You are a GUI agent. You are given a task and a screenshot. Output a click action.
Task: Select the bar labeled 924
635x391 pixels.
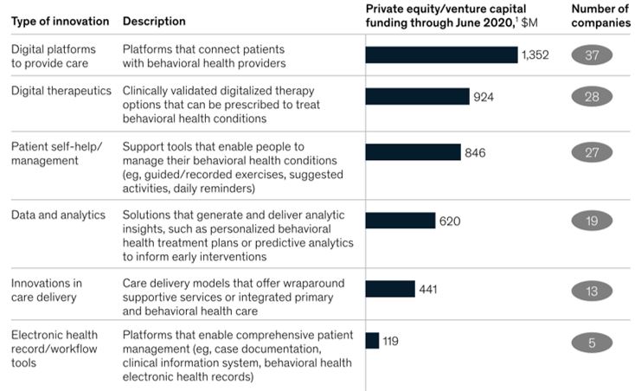[417, 97]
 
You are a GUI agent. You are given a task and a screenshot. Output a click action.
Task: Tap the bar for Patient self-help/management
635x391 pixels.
[413, 153]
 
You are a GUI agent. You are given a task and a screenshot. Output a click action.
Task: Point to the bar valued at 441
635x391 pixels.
[390, 289]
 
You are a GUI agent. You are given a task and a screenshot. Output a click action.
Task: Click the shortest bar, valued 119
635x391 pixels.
[372, 341]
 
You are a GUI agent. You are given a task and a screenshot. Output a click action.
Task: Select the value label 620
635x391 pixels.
[450, 221]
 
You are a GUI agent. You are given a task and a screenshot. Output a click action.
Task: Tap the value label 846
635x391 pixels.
[475, 153]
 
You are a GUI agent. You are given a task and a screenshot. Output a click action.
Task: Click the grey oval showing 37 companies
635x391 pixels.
[592, 55]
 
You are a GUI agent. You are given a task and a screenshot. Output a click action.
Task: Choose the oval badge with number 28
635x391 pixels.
[592, 97]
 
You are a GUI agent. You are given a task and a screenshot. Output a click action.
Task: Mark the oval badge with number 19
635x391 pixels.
[592, 221]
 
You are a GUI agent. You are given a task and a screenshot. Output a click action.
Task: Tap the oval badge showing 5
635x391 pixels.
[592, 343]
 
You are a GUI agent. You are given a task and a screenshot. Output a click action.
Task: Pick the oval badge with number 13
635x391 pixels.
[592, 291]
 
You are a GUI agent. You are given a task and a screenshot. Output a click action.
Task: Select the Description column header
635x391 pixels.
[153, 21]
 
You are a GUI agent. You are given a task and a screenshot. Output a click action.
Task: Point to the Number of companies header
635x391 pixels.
[600, 16]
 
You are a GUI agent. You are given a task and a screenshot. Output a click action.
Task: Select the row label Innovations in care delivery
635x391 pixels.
[48, 290]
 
